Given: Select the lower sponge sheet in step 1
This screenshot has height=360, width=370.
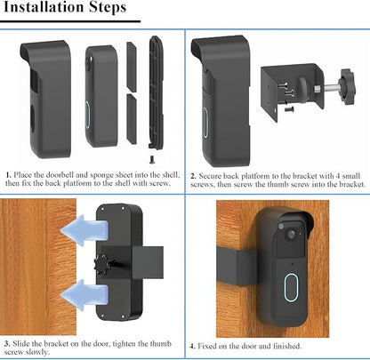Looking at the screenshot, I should point(131,119).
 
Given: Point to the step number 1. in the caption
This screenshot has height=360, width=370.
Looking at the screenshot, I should point(8,176).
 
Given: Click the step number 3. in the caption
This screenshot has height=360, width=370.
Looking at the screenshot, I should point(8,342).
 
